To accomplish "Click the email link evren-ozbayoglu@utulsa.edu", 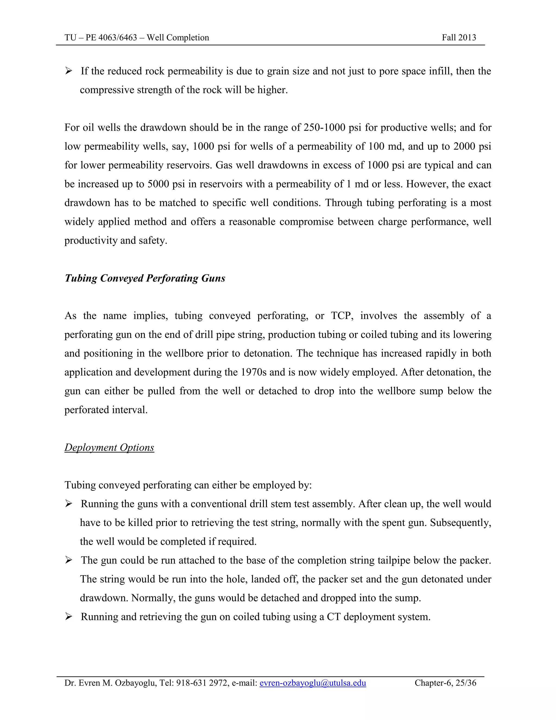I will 312,683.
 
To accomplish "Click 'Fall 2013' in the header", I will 459,37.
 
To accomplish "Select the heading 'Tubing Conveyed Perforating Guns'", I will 145,278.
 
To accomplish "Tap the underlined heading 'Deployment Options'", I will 109,447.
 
